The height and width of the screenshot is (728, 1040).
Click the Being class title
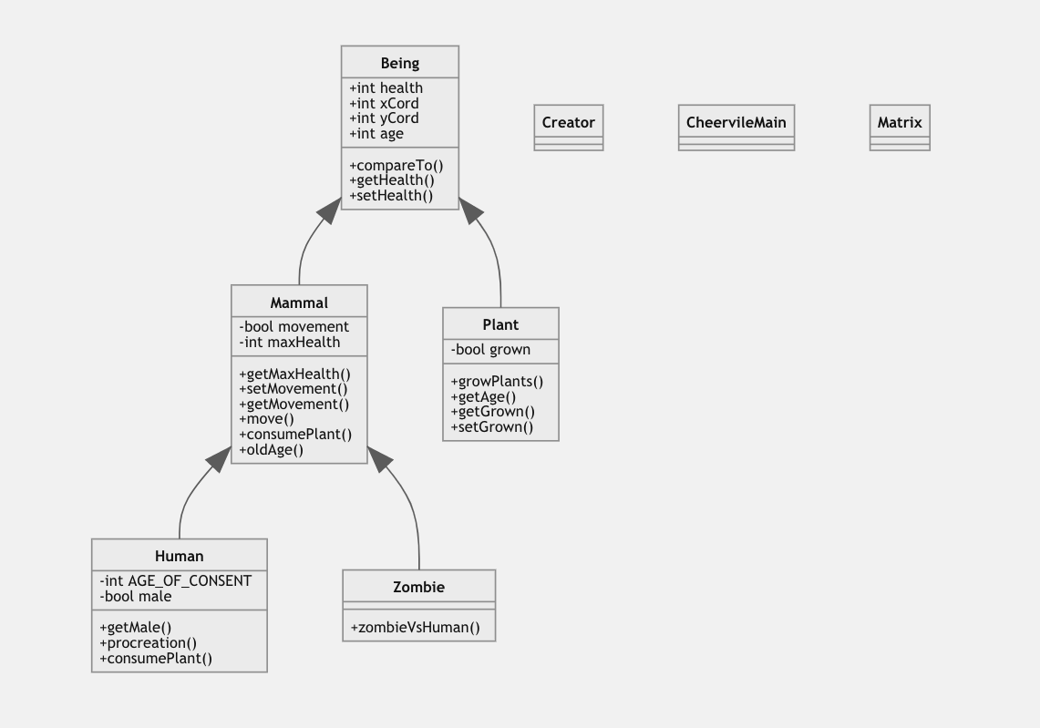click(399, 63)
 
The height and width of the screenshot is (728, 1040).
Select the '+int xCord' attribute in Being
click(384, 103)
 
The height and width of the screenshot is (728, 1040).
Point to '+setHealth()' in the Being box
click(391, 195)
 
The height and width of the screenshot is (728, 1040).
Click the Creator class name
click(568, 122)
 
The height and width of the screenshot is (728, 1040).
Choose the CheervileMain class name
click(736, 122)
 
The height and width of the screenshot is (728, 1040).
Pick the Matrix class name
click(900, 122)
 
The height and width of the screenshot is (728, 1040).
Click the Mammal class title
click(299, 302)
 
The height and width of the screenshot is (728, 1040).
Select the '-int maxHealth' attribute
click(289, 343)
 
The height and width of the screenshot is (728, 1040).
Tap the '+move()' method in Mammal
click(266, 419)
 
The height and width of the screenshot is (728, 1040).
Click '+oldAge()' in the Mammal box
click(271, 449)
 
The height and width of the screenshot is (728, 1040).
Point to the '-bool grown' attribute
click(490, 349)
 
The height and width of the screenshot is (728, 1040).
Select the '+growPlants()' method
click(497, 381)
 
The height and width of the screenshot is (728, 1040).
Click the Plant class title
click(500, 324)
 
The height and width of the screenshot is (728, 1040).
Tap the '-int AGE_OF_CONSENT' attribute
click(175, 580)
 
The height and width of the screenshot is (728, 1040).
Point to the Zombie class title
click(418, 587)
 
